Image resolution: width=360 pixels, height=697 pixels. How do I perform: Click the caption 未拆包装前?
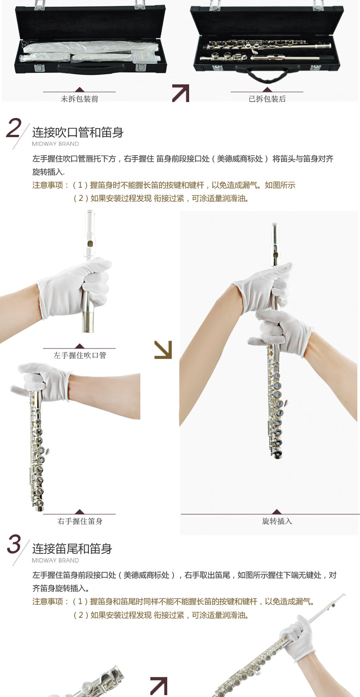tap(79, 99)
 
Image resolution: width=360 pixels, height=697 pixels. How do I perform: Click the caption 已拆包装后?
tap(267, 99)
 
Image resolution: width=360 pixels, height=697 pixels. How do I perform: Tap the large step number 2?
tap(13, 128)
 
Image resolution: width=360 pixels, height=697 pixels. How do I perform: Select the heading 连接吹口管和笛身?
tap(78, 132)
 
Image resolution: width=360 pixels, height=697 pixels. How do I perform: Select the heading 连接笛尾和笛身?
tap(72, 548)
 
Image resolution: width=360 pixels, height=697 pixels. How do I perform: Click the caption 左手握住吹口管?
tap(80, 355)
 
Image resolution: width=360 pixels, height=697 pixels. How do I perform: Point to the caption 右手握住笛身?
tap(80, 521)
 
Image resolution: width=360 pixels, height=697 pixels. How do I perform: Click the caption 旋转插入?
tap(277, 521)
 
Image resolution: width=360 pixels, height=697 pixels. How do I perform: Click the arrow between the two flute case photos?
tap(181, 93)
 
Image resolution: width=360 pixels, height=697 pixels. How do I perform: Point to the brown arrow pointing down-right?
tap(163, 350)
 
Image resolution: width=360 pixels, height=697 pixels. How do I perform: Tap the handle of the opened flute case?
tap(267, 75)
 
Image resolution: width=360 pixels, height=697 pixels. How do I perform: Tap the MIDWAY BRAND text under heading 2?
tap(56, 144)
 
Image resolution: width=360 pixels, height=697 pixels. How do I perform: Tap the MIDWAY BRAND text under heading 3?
tap(56, 560)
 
